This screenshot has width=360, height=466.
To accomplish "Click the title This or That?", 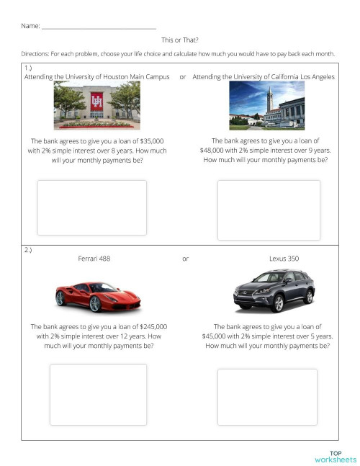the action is [180, 40].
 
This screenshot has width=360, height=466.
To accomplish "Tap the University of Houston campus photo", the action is [96, 105].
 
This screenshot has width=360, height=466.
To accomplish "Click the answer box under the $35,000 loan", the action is [91, 207].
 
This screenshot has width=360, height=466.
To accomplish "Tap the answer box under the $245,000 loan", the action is [98, 394].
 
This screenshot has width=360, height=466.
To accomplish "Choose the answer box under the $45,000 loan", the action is [267, 395].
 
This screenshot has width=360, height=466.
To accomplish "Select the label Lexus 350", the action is [284, 258].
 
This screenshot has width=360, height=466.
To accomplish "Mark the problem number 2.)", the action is [28, 250].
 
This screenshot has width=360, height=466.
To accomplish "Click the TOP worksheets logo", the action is [335, 457].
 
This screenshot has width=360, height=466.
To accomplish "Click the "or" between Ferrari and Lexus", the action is [185, 258].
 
